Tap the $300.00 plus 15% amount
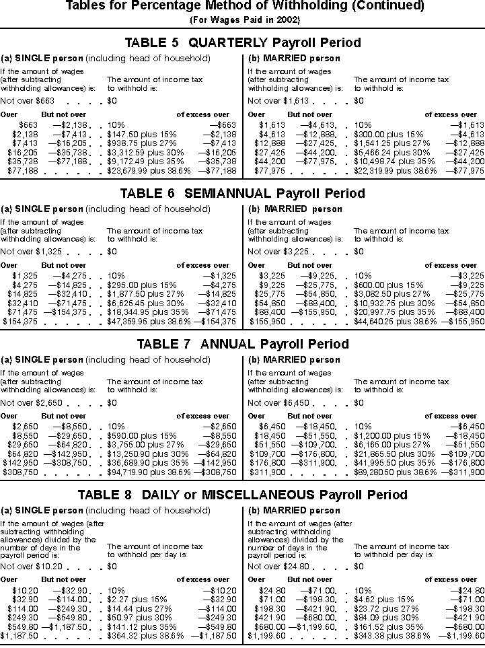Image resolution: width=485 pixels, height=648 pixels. [x=380, y=135]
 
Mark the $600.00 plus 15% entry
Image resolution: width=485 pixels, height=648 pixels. [x=380, y=285]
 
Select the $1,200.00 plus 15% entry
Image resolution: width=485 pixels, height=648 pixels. [x=382, y=436]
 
